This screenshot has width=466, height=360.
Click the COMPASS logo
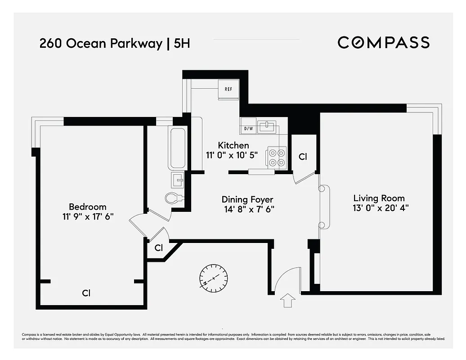coord(383,43)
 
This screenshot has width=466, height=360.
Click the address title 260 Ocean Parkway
coord(101,44)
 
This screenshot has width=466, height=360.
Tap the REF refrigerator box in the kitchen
coord(229,89)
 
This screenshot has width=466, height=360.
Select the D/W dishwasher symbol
coord(248,129)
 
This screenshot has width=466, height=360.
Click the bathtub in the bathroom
coord(177,148)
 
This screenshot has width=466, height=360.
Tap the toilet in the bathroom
coord(174,198)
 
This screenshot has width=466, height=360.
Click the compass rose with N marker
coord(214,277)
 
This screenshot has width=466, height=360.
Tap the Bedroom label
coord(88,207)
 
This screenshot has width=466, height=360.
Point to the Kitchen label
coord(233,145)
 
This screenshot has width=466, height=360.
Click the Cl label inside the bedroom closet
coord(86,293)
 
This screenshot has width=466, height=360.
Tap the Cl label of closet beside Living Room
coord(303,157)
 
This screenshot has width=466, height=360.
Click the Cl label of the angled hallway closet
coord(158,248)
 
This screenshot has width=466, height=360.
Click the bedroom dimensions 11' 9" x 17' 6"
coord(88,216)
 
